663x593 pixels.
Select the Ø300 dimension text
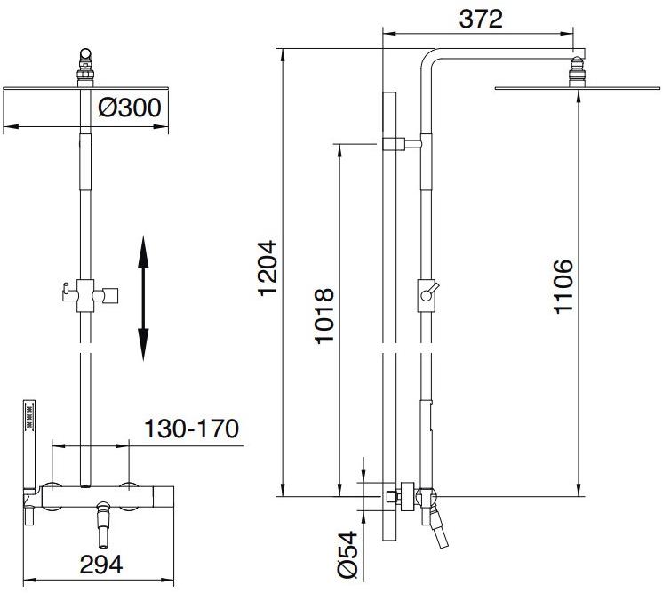coord(129,108)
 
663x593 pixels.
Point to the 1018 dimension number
coord(324,317)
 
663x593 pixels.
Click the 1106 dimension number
coord(562,286)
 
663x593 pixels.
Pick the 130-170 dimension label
coord(193,429)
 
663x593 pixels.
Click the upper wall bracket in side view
coord(403,142)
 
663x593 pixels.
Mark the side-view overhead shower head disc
coord(578,88)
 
